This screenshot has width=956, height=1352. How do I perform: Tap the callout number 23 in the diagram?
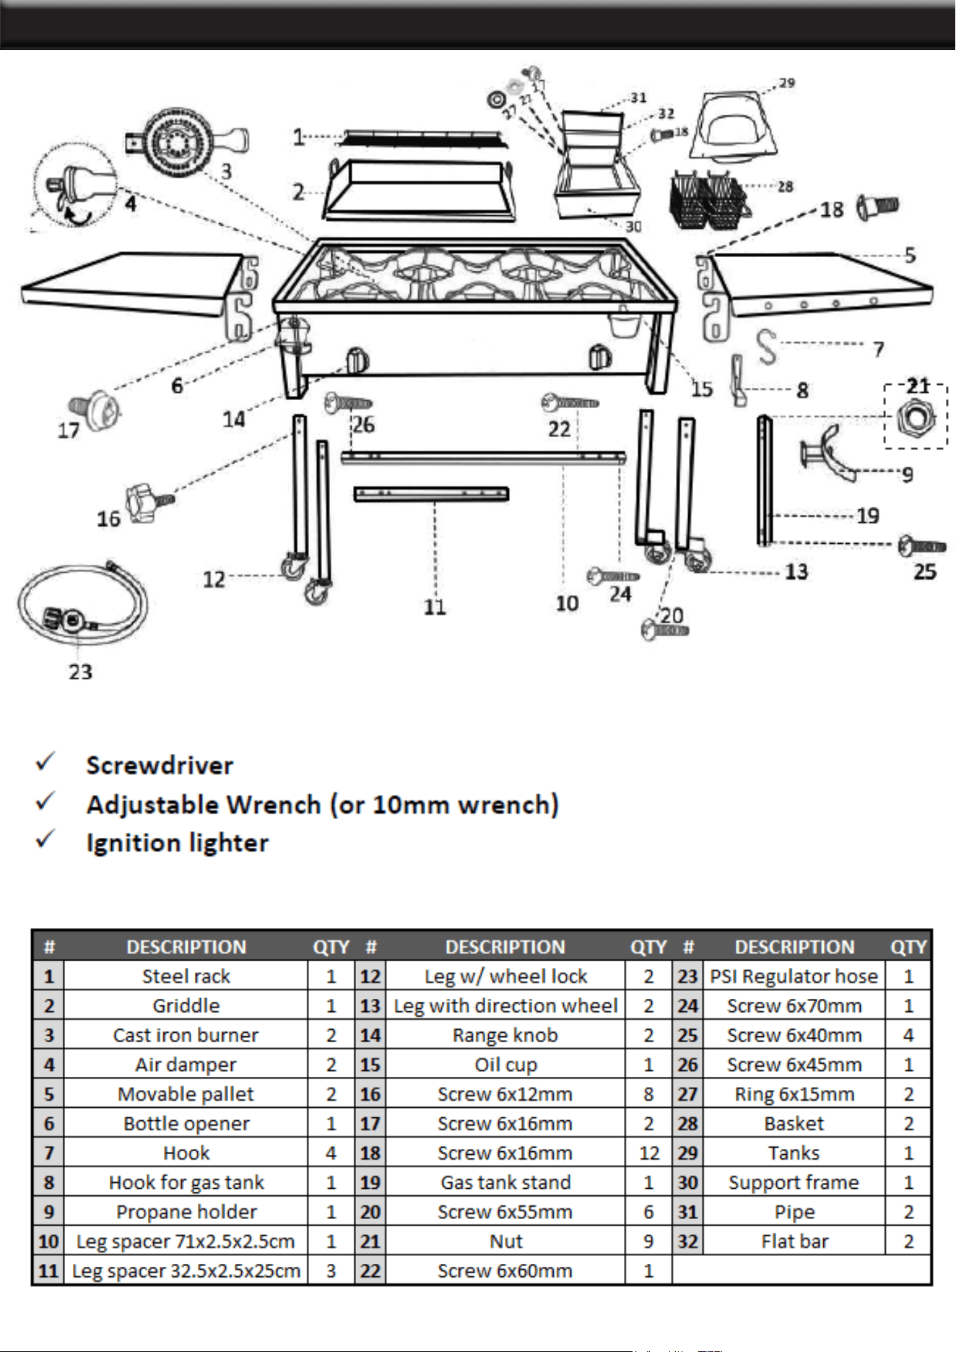80,672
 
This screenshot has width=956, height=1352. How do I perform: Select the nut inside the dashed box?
916,418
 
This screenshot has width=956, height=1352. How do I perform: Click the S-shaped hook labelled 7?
767,347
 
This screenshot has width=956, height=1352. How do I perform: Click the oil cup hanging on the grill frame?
621,321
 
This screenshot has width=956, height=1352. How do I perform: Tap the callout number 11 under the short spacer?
435,607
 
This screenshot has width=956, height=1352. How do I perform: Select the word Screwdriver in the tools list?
160,766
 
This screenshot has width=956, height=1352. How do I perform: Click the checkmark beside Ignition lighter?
45,838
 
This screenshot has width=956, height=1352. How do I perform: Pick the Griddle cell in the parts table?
186,1005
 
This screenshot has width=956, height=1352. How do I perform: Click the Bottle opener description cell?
186,1123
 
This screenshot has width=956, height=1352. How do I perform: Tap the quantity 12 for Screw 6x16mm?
649,1153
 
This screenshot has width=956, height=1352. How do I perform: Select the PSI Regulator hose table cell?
794,976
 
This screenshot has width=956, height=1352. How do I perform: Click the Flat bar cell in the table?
794,1241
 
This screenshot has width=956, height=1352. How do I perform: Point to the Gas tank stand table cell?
505,1182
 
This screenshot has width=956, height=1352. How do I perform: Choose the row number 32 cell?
687,1241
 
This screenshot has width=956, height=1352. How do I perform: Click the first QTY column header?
331,947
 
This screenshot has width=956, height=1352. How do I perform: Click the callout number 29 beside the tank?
787,83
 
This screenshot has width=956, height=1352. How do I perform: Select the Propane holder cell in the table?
186,1211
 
